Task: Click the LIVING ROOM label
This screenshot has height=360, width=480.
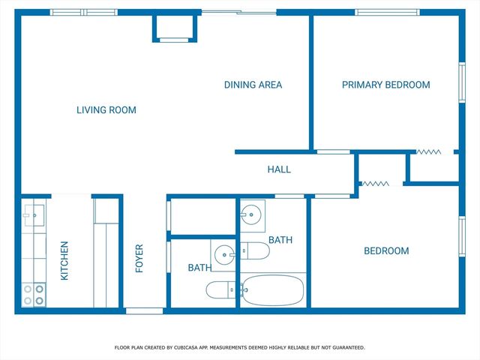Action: click(x=106, y=110)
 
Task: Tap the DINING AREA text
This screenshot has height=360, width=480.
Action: click(x=253, y=85)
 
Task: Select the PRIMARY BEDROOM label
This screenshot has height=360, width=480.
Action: click(x=385, y=85)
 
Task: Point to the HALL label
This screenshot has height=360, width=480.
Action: click(x=279, y=169)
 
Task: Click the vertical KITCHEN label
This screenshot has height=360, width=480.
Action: click(x=64, y=260)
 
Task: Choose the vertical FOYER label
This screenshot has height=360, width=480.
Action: click(x=139, y=259)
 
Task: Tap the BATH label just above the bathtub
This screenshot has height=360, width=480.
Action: click(x=280, y=240)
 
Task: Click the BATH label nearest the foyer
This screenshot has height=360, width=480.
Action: click(x=199, y=268)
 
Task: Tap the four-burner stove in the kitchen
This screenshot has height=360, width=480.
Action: click(x=33, y=293)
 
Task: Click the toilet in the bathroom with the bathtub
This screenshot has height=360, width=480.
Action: click(x=255, y=250)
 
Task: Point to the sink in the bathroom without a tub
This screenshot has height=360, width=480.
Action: click(x=224, y=255)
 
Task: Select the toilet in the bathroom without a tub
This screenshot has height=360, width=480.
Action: click(x=221, y=289)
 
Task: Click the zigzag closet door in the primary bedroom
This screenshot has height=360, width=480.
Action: click(x=429, y=151)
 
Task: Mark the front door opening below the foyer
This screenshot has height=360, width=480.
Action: click(x=144, y=310)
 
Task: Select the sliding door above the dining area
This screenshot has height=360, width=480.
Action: click(x=239, y=12)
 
